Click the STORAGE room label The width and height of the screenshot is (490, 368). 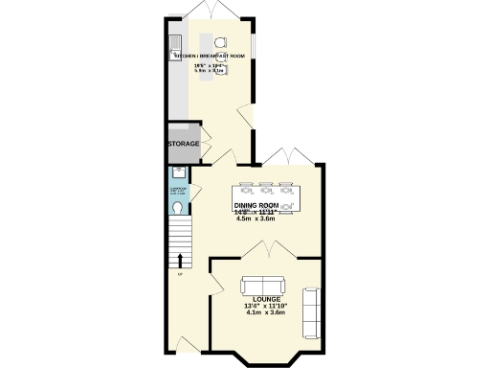[x=184, y=144]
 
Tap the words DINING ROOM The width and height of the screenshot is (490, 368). [x=256, y=205]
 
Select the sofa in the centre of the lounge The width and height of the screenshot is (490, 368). [x=262, y=286]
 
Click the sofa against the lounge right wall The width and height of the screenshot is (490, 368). [x=311, y=312]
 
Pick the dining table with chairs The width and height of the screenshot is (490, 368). [x=271, y=195]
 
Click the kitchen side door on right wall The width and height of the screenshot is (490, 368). [x=247, y=120]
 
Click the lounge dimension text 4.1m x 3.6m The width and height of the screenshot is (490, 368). [x=266, y=312]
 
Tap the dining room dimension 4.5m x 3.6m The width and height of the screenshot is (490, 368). [x=256, y=218]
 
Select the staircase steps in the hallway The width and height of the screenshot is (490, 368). [x=180, y=235]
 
